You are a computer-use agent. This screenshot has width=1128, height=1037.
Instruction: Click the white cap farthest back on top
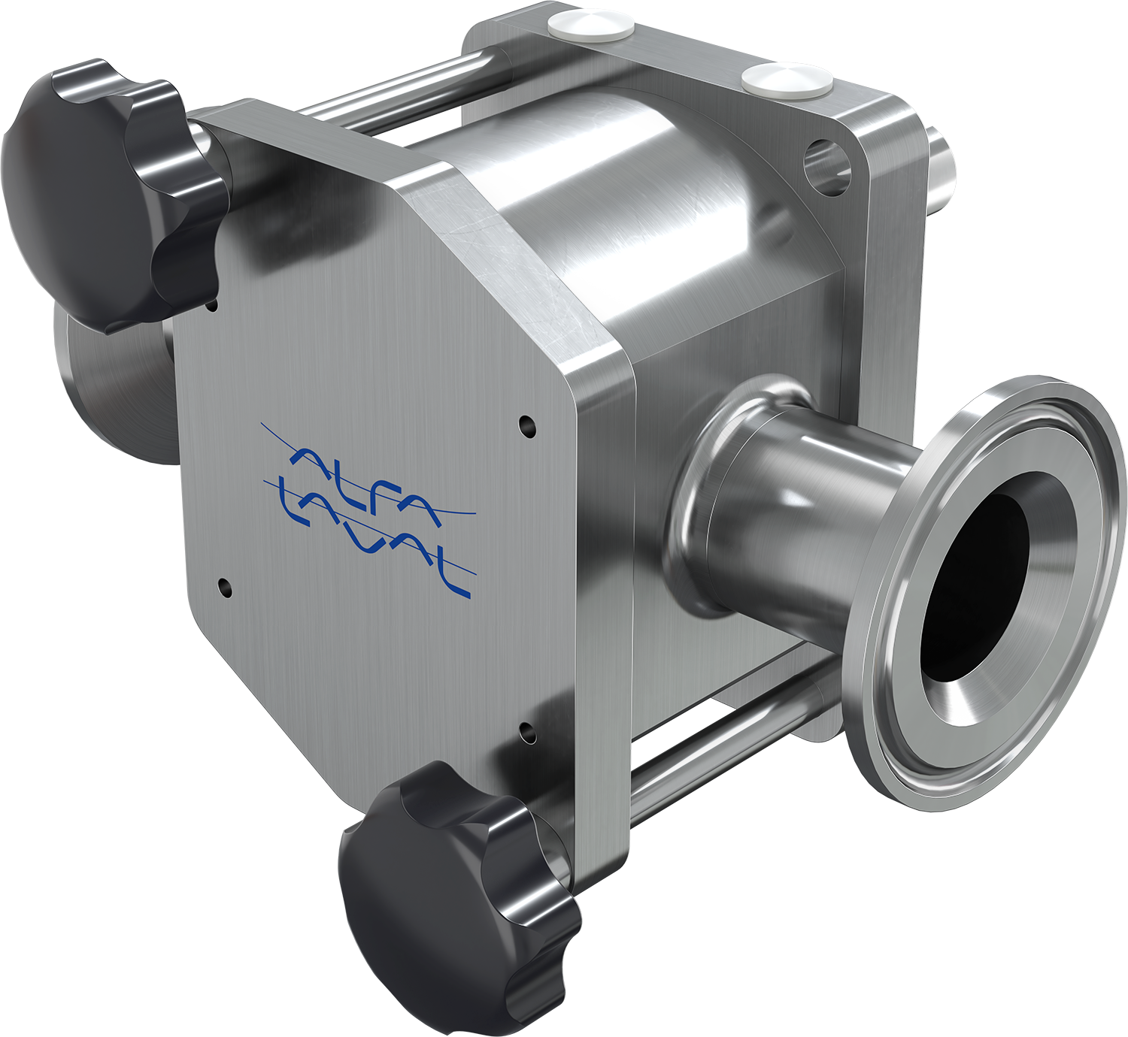coord(590,26)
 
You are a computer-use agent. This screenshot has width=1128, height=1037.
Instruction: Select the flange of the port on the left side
coord(113,391)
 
